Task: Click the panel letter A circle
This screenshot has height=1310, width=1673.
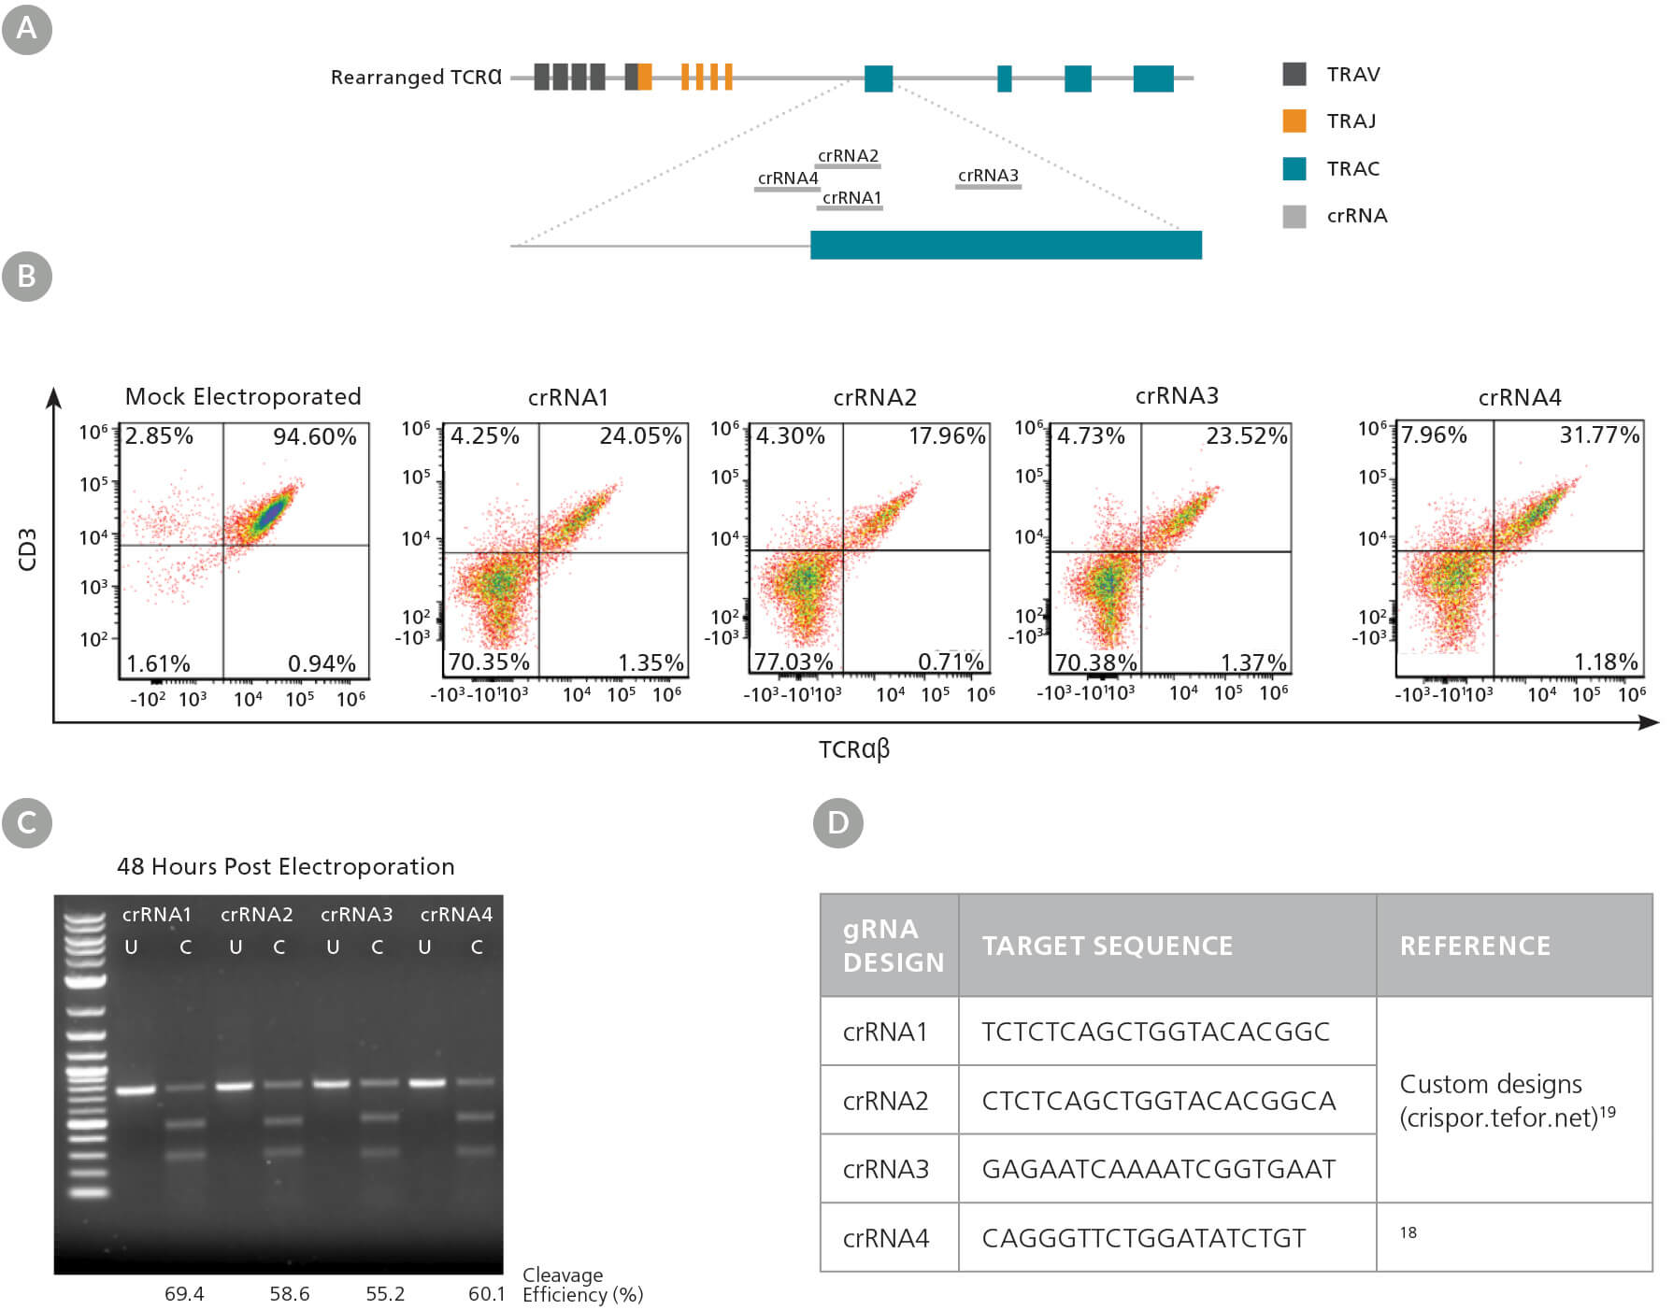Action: point(27,29)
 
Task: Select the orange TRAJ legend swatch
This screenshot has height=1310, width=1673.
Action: point(1294,121)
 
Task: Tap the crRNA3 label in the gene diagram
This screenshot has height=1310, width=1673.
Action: point(988,176)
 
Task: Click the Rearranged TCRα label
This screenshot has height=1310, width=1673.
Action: point(416,77)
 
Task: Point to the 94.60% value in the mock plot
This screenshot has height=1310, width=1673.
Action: point(315,436)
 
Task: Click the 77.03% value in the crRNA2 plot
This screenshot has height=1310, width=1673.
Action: point(794,662)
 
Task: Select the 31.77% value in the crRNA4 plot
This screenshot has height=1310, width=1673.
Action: point(1599,434)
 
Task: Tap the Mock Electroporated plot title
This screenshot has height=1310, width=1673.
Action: point(243,396)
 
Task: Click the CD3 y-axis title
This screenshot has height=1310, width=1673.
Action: point(27,549)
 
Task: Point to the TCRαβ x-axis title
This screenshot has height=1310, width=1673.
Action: point(854,749)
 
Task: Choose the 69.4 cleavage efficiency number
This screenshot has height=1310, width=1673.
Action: point(184,1294)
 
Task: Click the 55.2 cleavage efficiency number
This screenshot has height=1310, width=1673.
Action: point(385,1294)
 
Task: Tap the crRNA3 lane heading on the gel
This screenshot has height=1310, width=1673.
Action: point(356,915)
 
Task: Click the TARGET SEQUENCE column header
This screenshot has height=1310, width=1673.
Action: point(1107,946)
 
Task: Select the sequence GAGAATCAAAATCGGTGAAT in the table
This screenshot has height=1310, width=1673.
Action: point(1158,1169)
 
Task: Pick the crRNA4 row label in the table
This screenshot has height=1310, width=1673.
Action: point(885,1238)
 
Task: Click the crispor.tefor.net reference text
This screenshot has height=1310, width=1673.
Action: point(1507,1118)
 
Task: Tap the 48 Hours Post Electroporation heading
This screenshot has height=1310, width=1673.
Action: point(285,866)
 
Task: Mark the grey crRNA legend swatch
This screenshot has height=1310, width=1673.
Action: point(1294,216)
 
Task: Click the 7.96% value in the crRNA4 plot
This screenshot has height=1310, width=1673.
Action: point(1434,434)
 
